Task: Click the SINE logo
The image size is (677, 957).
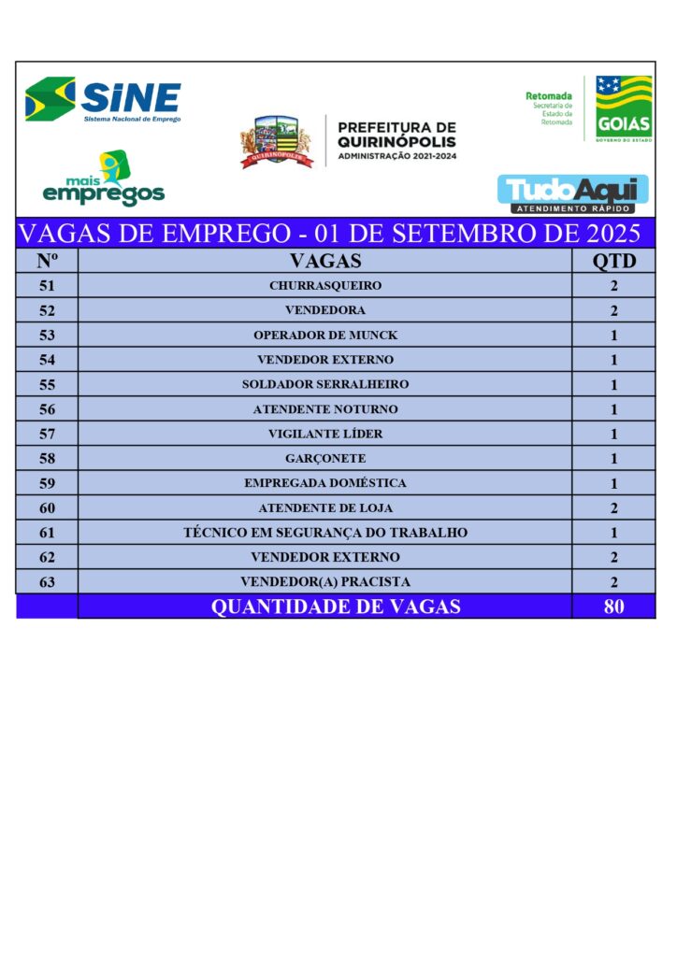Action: (x=103, y=100)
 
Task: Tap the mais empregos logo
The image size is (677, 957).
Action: (x=104, y=179)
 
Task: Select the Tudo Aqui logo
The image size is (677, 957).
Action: (x=572, y=193)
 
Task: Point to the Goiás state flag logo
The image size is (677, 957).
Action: (x=624, y=107)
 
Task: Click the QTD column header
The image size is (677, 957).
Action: (x=613, y=261)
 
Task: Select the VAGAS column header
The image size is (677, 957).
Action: (x=324, y=261)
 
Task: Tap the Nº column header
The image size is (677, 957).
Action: (x=47, y=261)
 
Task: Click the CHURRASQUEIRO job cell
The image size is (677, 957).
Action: (x=324, y=286)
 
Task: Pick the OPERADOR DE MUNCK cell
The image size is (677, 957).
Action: (x=324, y=335)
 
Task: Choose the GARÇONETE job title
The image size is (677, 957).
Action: (x=324, y=458)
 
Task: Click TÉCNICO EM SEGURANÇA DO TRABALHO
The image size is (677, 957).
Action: (x=324, y=533)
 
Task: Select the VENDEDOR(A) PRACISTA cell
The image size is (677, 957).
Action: (x=324, y=581)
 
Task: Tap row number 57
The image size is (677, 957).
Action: (x=47, y=434)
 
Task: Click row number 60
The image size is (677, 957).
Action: (x=47, y=507)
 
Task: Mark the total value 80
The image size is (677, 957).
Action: (x=613, y=607)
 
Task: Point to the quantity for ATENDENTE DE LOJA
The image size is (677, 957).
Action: (x=613, y=507)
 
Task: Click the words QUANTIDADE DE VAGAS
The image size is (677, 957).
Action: (x=336, y=607)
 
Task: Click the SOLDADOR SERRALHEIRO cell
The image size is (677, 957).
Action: (x=324, y=384)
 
